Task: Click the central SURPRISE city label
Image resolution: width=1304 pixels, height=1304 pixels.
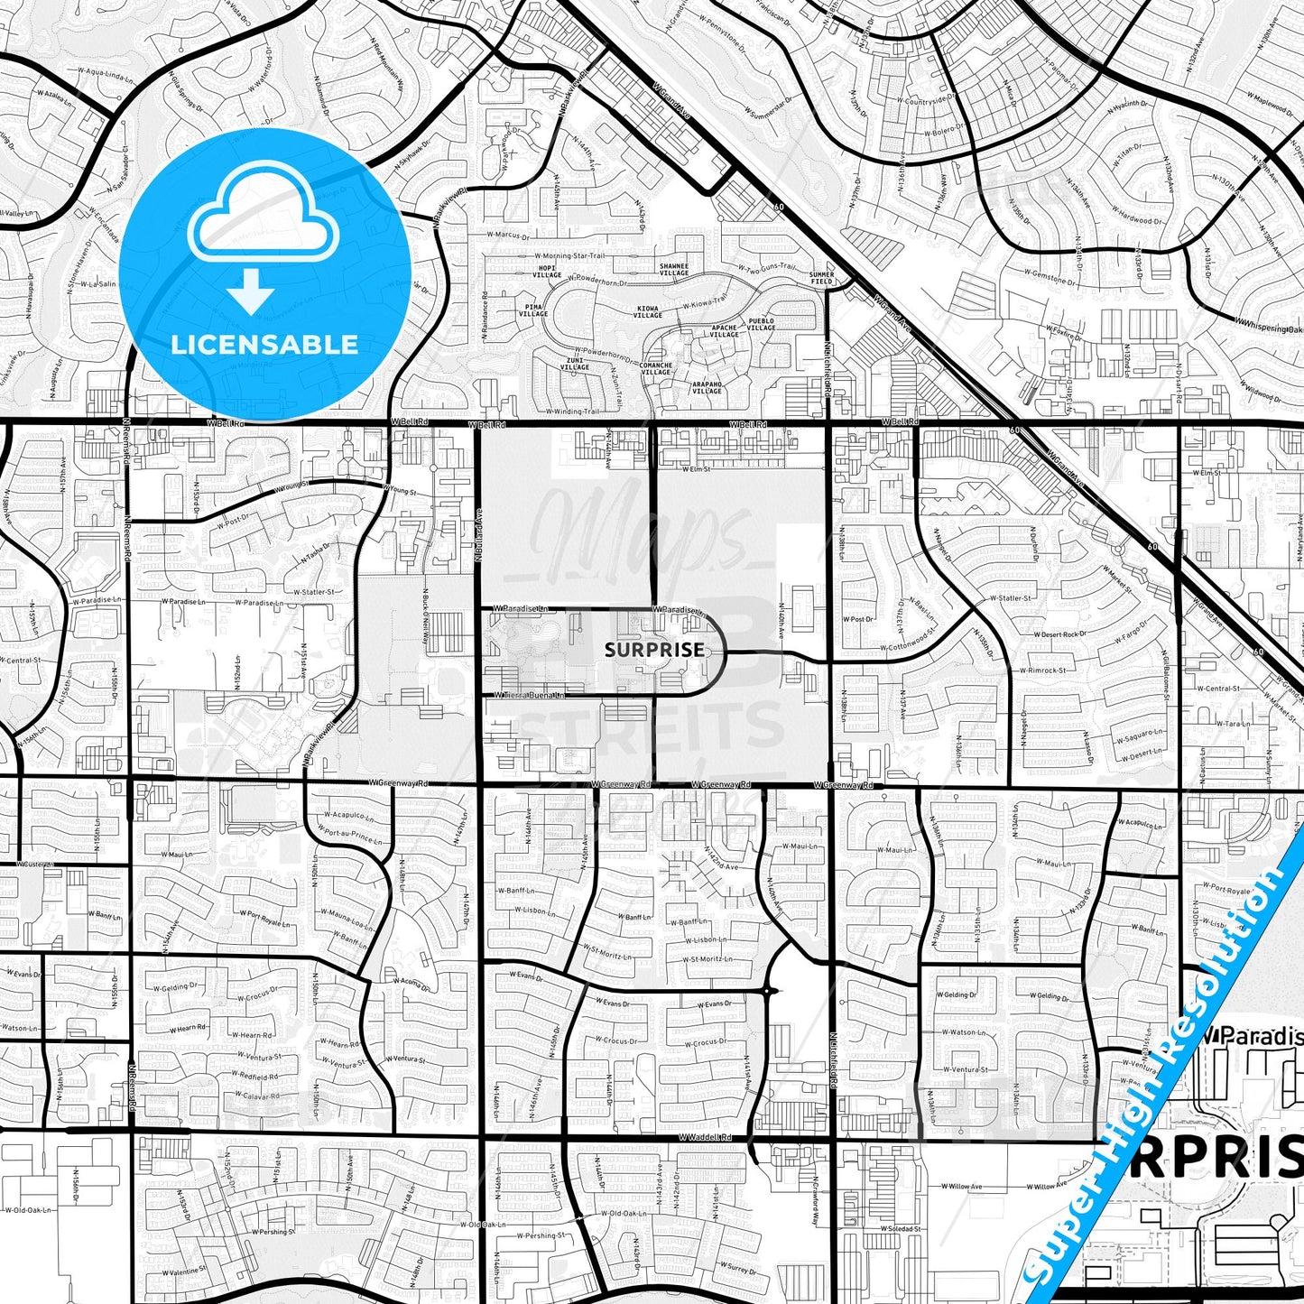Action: coord(654,650)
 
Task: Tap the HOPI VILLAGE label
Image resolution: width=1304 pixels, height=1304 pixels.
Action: coord(548,272)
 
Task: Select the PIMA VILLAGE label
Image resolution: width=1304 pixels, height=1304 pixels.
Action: coord(533,310)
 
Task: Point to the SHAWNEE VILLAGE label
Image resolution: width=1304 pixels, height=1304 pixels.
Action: coord(674,270)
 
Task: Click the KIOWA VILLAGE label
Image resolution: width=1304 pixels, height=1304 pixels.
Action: coord(648,311)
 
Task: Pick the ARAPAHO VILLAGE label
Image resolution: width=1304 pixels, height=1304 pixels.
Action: coord(707,387)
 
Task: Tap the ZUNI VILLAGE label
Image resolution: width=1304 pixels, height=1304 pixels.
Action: coord(575,364)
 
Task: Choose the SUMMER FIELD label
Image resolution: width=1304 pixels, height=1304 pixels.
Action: coord(822,278)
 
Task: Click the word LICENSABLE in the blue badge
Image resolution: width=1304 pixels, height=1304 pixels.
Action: coord(264,344)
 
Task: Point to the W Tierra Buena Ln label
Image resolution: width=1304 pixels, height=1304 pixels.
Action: coord(529,695)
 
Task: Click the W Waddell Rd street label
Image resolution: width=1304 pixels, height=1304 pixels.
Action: coord(704,1138)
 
